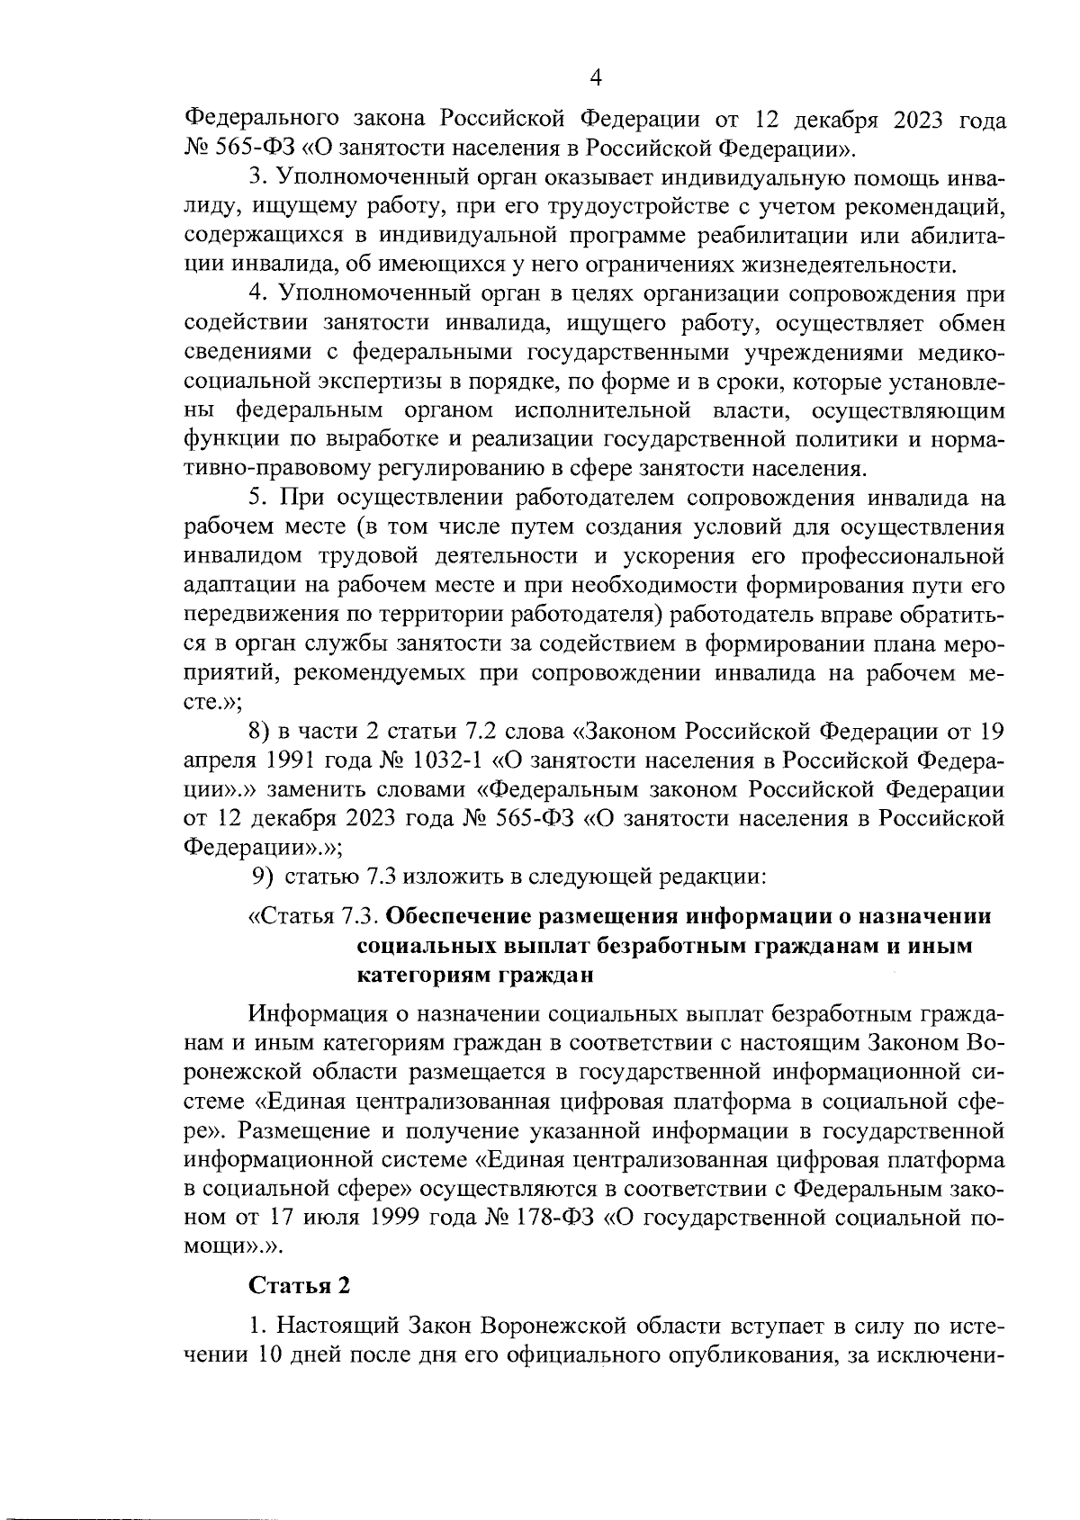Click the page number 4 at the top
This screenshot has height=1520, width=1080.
(594, 78)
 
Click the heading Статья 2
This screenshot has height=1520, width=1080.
(299, 1286)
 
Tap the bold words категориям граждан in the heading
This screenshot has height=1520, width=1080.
(475, 973)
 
